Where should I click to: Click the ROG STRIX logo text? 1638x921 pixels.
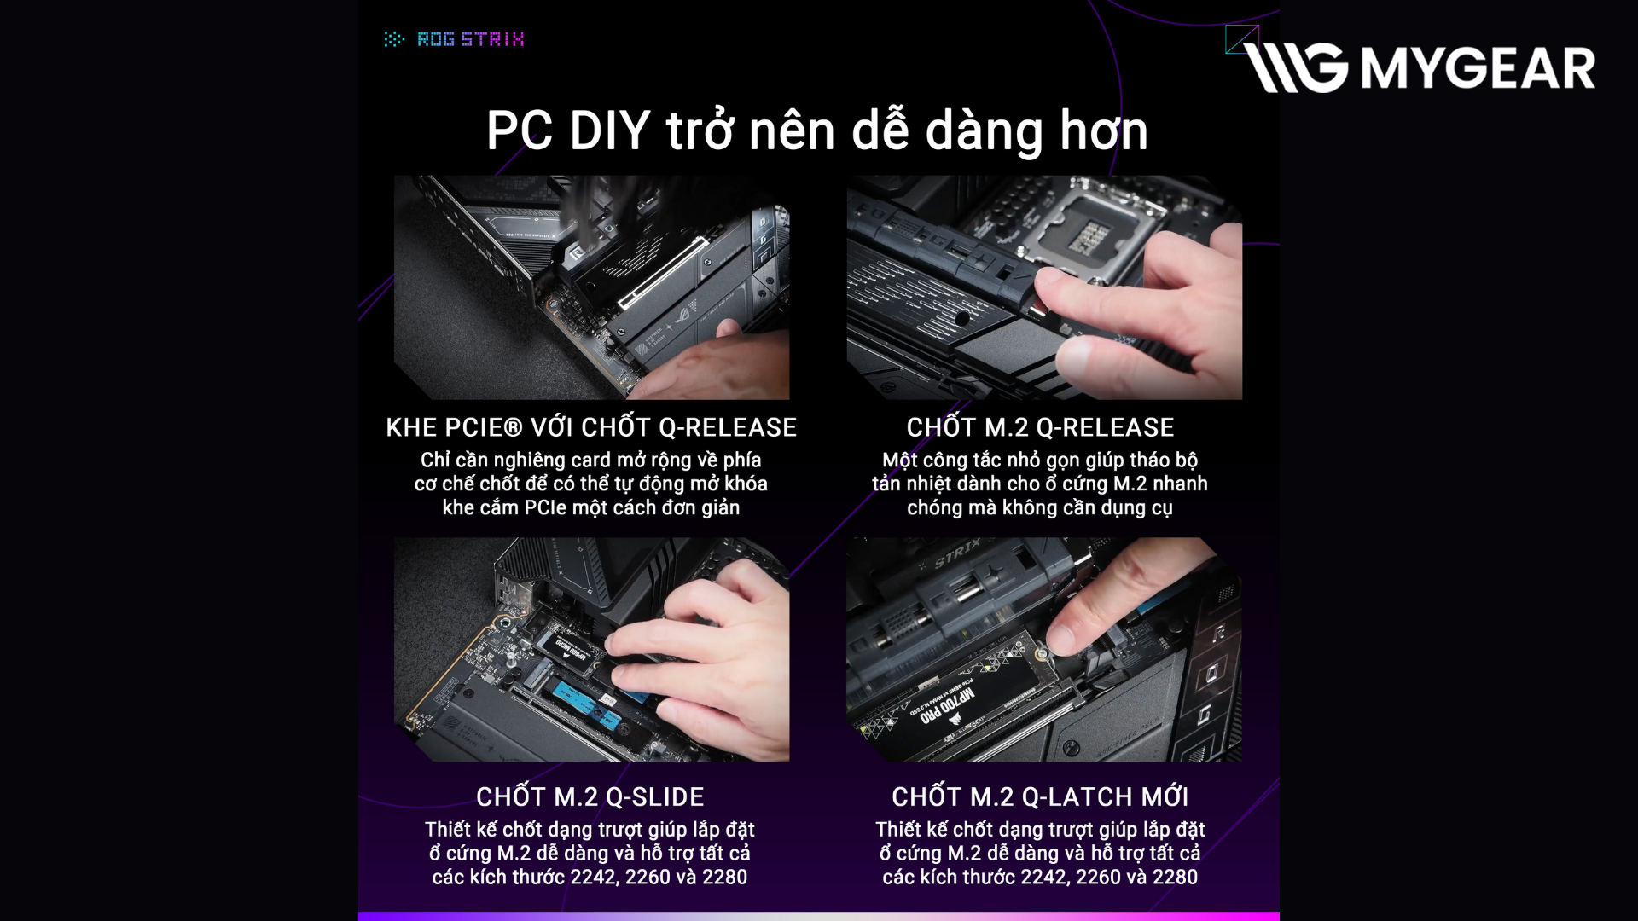tap(470, 39)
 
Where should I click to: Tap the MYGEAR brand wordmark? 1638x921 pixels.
tap(1478, 68)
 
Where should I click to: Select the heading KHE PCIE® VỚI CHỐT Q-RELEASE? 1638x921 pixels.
tap(591, 427)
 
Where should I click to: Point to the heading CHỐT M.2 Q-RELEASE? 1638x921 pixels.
tap(1040, 427)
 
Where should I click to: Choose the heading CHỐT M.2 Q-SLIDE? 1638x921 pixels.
tap(590, 796)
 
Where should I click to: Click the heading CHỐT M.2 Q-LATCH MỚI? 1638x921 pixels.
tap(1040, 796)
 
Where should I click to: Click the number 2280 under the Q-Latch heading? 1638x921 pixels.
tap(1175, 877)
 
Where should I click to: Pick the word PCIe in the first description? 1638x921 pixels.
tap(545, 507)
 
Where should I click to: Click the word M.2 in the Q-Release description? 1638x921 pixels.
tap(1130, 484)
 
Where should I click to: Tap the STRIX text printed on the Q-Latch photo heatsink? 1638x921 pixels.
tap(958, 555)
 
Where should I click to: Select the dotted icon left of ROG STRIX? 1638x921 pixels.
tap(393, 39)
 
